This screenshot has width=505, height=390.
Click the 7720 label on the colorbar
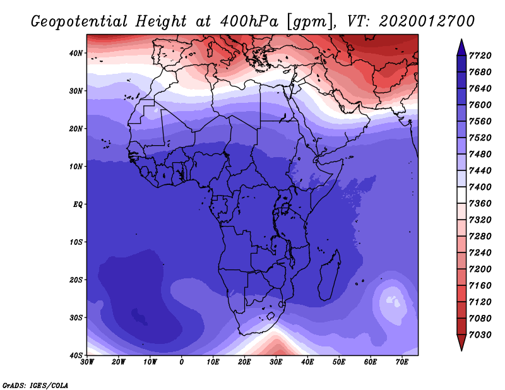point(480,56)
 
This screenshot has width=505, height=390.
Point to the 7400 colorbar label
point(480,187)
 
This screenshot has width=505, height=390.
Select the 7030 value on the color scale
point(480,335)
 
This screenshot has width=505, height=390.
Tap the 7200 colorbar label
point(480,269)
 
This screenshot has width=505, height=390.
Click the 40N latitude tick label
point(76,53)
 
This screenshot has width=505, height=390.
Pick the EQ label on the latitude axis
point(78,204)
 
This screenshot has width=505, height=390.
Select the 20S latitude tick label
point(76,280)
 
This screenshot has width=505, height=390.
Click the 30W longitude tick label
point(87,362)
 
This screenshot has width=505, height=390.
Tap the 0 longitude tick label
point(182,362)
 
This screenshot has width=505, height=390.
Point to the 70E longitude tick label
point(402,362)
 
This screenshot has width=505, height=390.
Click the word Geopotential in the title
point(80,21)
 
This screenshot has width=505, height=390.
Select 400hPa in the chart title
point(249,21)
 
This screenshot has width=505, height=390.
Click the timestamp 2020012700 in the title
point(427,21)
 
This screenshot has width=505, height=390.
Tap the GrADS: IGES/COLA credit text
point(35,386)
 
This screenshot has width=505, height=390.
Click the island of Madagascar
point(330,275)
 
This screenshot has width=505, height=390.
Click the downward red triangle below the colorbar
point(461,343)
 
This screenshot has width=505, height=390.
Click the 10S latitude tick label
point(76,242)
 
